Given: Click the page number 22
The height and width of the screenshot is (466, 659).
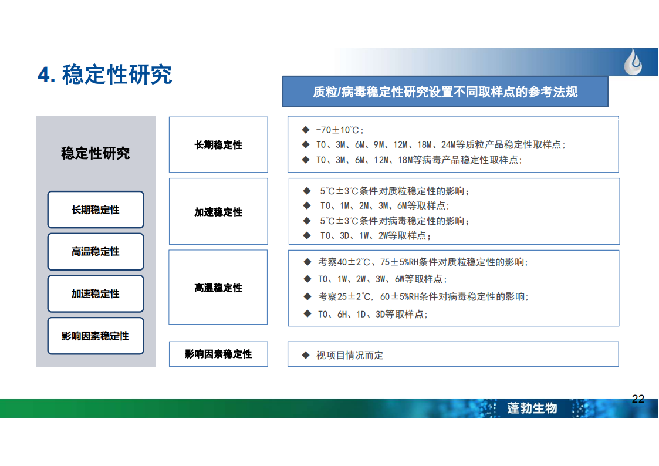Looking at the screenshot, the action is pos(637,399).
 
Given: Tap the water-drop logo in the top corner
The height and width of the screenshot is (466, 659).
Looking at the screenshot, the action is pos(633,62).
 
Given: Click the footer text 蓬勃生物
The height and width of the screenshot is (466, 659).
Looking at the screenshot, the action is pos(532,408).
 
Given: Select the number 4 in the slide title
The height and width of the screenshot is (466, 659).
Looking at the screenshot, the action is pos(44,75).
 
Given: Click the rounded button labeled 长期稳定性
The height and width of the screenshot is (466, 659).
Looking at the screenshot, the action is pos(96,210).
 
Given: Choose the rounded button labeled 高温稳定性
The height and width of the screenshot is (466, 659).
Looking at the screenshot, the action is pos(96,252).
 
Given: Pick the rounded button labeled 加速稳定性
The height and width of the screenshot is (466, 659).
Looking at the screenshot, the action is pos(96,293).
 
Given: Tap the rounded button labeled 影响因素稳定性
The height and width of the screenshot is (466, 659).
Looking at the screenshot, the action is pos(96,336).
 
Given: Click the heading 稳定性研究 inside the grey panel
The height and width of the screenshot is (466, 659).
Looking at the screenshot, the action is pos(96,153).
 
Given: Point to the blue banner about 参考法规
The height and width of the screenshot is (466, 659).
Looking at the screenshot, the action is pos(445,92).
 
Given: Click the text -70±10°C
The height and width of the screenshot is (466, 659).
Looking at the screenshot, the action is pos(338,130).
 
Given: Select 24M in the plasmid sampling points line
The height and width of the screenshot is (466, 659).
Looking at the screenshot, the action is pos(448,145).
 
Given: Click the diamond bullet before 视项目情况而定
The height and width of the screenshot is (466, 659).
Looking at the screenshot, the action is pos(306,355).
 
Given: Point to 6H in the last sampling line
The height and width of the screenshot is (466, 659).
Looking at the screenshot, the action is pos(343,315).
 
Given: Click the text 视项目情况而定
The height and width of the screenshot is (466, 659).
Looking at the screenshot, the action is pos(350,356).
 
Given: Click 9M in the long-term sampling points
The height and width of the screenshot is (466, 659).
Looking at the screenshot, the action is pos(379,145).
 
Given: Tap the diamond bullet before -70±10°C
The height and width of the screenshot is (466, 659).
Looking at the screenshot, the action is pos(306,130).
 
